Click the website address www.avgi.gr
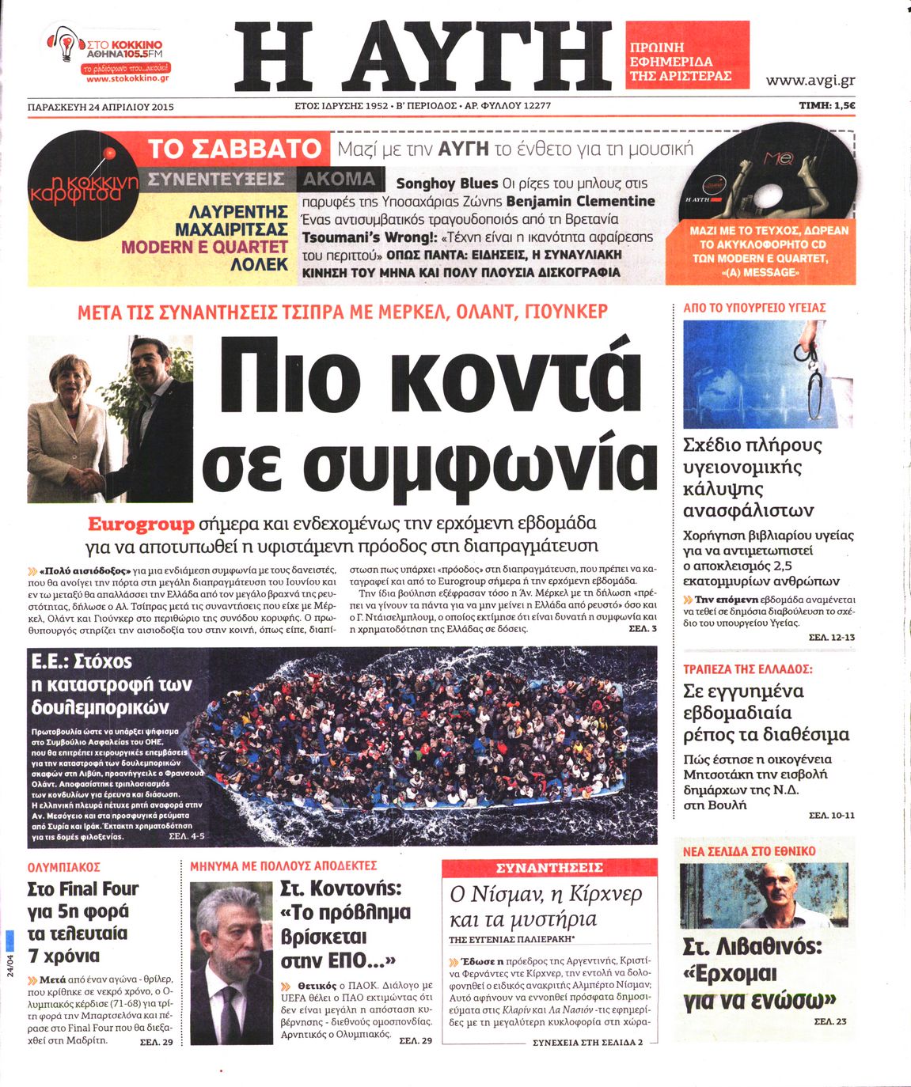coord(810,81)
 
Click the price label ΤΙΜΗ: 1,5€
coord(826,105)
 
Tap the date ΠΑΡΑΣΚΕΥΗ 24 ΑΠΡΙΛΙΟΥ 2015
coord(101,106)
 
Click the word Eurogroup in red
coord(141,525)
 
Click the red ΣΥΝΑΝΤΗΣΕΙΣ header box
coord(549,868)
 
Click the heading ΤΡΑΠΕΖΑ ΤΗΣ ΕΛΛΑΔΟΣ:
coord(747,669)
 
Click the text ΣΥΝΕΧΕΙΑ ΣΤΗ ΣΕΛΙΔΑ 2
coord(587,1043)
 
